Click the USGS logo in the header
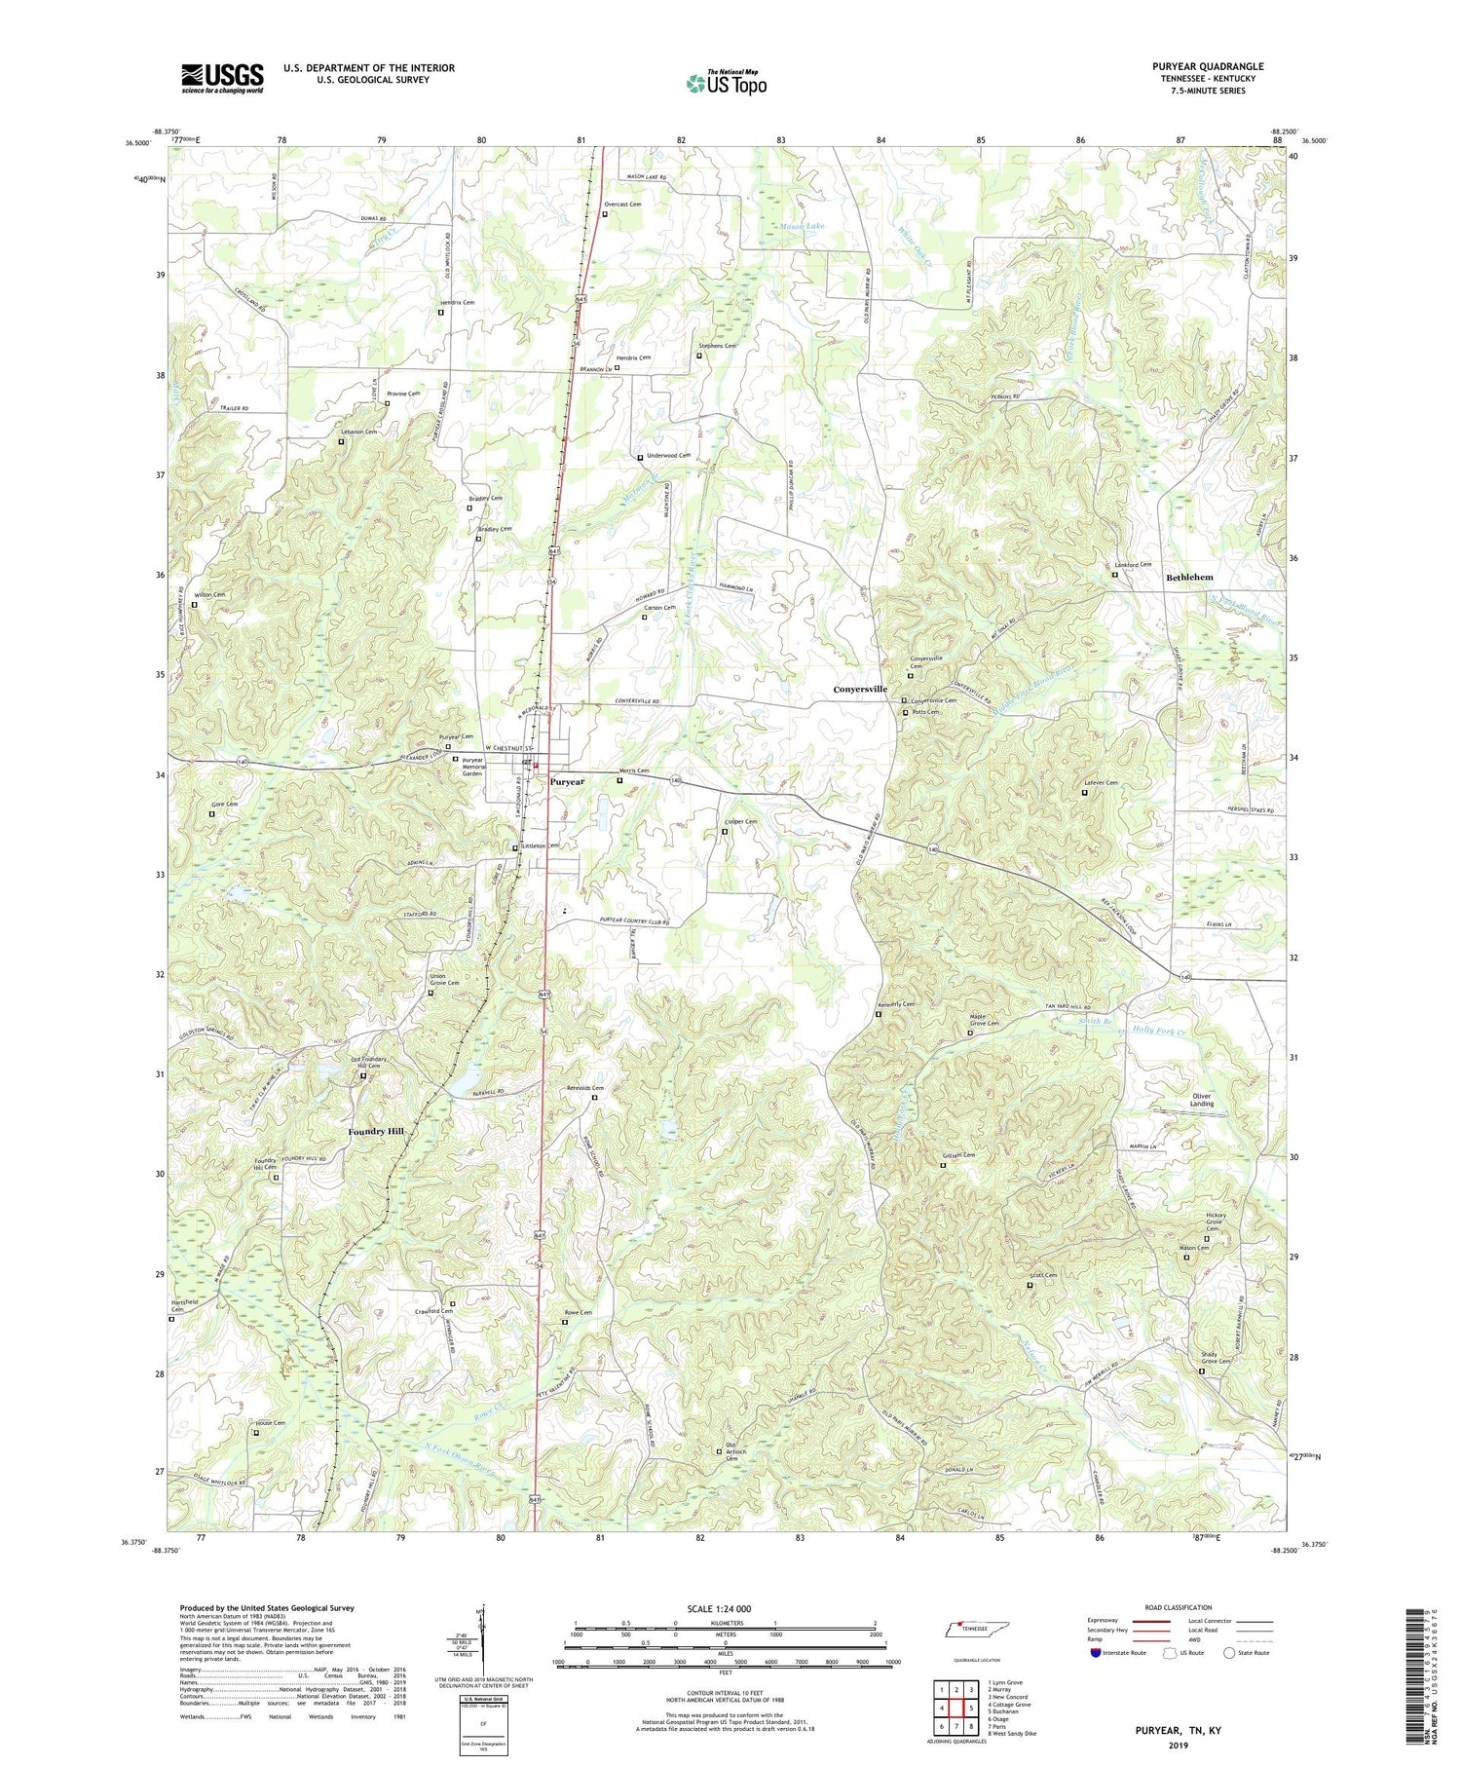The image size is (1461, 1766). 222,78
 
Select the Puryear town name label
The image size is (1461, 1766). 567,782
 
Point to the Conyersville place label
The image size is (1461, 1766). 860,690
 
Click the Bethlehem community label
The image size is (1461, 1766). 1189,578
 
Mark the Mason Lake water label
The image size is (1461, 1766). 802,226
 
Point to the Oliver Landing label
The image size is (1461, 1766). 1202,1100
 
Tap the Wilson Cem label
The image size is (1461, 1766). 210,595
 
